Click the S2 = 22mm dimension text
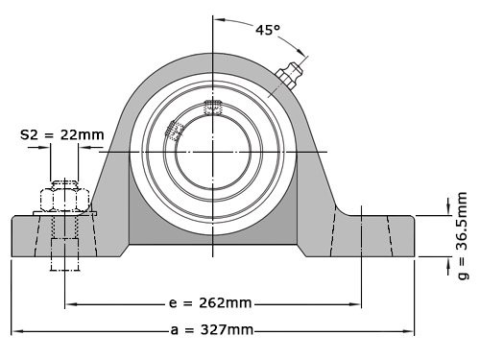(x=61, y=135)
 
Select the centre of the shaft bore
(x=214, y=153)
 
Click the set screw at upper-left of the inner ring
(x=176, y=130)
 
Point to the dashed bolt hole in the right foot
(x=376, y=235)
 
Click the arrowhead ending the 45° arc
(x=305, y=54)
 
